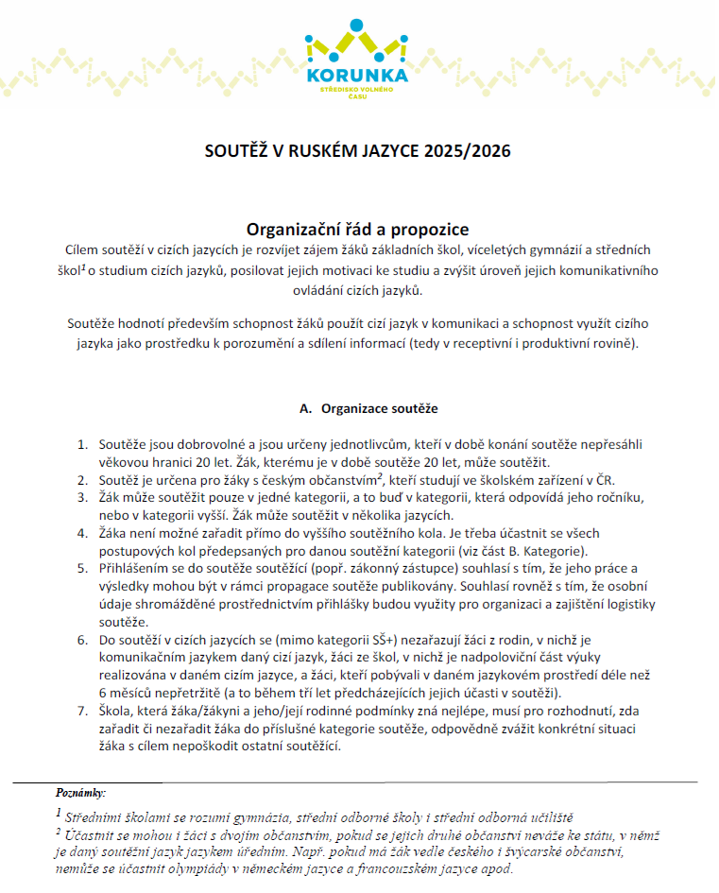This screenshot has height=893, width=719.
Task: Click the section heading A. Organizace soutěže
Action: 368,409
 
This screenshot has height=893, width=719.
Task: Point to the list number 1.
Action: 81,444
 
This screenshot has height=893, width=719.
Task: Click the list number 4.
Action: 81,534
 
